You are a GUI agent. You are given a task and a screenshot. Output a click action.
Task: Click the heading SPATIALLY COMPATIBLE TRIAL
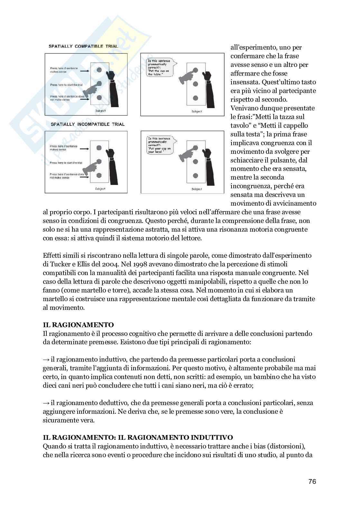click(83, 46)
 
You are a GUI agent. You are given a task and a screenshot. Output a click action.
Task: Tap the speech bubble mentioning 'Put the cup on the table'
click(159, 68)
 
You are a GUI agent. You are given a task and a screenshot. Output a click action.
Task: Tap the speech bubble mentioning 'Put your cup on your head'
click(159, 145)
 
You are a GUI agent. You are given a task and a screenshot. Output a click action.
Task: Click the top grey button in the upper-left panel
click(99, 70)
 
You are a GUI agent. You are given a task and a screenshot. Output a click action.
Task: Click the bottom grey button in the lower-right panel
click(195, 176)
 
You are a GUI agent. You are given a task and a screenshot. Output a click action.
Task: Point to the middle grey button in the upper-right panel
click(195, 84)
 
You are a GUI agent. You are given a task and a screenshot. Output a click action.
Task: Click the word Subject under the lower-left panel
click(100, 189)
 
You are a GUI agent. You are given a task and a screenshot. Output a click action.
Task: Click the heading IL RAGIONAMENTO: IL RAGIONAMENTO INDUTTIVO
click(138, 438)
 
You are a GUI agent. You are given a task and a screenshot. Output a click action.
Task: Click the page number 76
click(312, 482)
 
